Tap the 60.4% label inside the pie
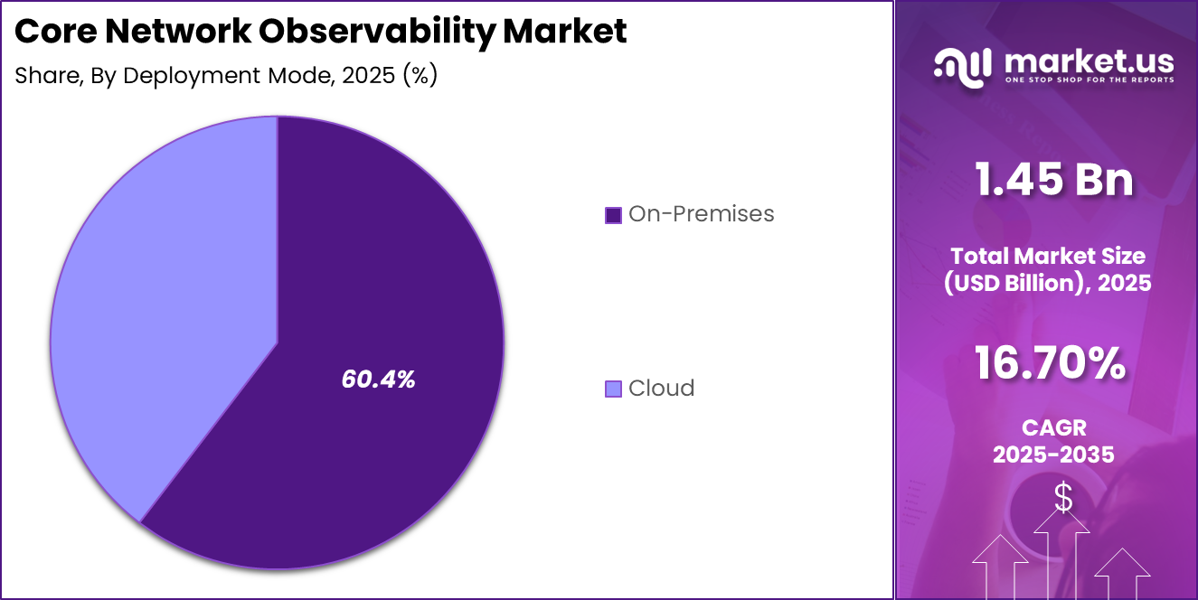tap(378, 380)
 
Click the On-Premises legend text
tap(701, 214)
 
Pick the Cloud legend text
tap(661, 389)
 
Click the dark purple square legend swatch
tap(613, 215)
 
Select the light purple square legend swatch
tap(613, 389)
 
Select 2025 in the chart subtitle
tap(371, 76)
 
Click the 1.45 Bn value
tap(1053, 179)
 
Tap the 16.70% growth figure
tap(1050, 364)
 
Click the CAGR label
tap(1053, 427)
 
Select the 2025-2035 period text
tap(1053, 455)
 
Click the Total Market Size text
tap(1048, 257)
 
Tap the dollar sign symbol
tap(1063, 498)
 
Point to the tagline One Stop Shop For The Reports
tap(1089, 80)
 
